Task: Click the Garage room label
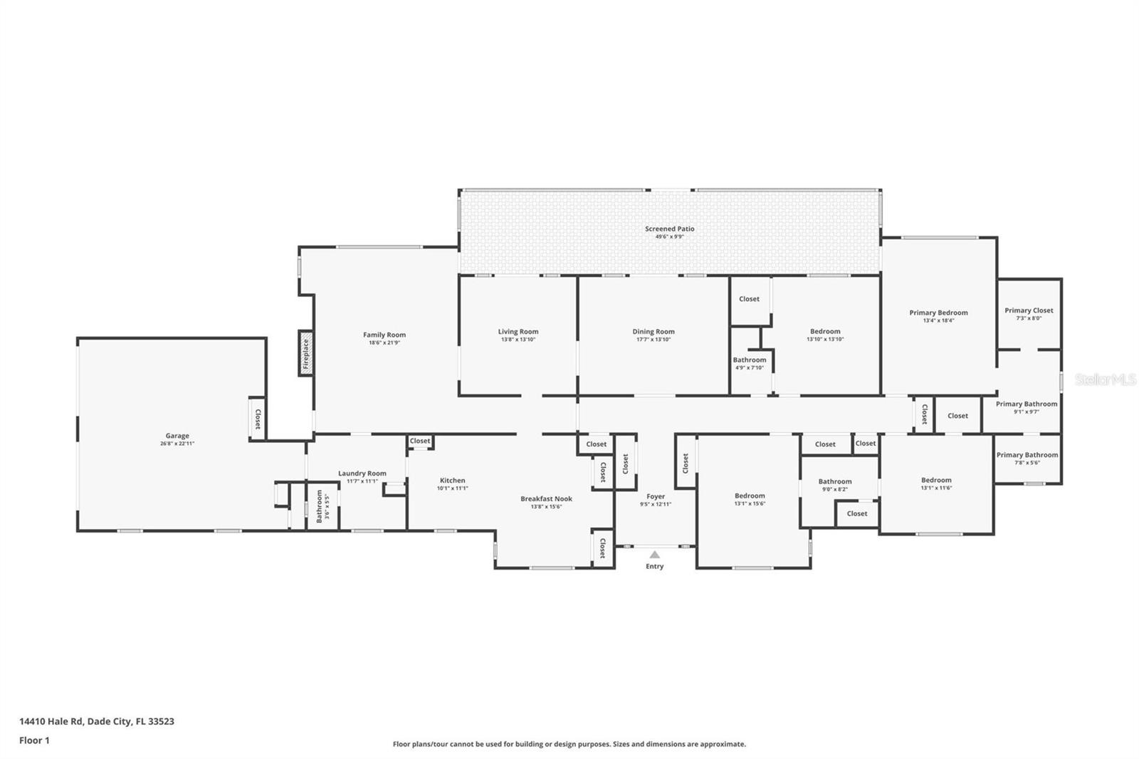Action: click(177, 436)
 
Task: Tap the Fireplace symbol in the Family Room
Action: click(305, 353)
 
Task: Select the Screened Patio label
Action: click(669, 229)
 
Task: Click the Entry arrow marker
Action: click(654, 554)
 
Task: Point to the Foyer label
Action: click(656, 496)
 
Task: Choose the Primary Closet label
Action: click(1029, 310)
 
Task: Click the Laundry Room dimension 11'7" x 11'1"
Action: click(362, 481)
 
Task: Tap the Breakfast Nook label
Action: click(546, 498)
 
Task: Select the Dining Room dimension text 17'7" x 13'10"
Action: click(653, 340)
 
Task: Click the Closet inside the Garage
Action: click(258, 419)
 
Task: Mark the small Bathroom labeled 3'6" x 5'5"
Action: click(320, 506)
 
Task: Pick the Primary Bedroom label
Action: click(938, 313)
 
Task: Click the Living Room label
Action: click(518, 331)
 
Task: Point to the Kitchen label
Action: click(452, 481)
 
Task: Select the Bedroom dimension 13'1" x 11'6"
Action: click(936, 488)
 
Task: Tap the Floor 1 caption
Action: click(34, 740)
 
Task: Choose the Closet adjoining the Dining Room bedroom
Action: click(749, 299)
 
